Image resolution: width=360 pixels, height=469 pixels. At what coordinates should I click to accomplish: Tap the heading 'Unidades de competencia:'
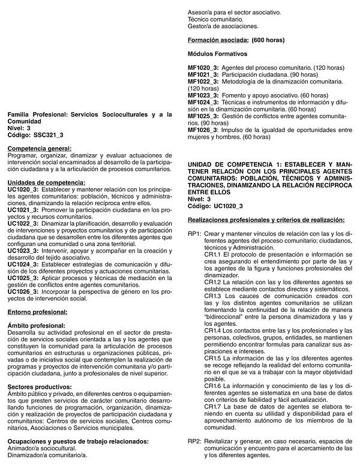46,182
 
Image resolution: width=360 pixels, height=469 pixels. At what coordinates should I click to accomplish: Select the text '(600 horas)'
268,40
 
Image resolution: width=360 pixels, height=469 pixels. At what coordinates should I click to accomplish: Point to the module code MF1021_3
203,74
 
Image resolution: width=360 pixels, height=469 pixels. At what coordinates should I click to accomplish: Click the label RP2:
194,441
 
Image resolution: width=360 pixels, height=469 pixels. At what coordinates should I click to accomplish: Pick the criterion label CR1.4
214,330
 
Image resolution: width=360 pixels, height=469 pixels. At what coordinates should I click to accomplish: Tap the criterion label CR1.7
214,407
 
